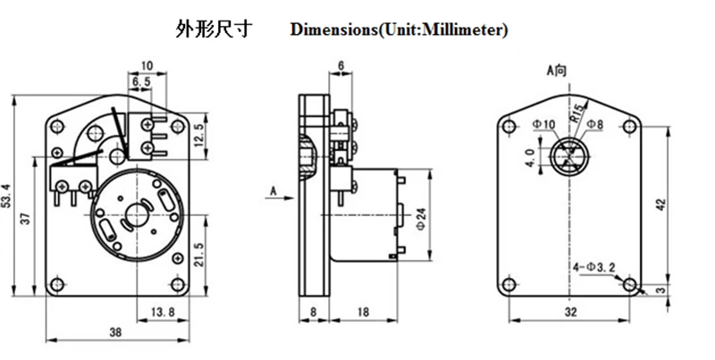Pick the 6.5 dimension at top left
coord(140,81)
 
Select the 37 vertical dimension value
coord(27,221)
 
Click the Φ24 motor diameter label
coord(421,217)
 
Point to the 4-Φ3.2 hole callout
coord(593,267)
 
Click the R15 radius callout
coord(577,112)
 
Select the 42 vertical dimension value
coord(661,204)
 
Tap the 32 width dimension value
coord(571,312)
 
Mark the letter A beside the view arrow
coord(271,189)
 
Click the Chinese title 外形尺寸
coord(214,29)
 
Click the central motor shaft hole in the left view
coord(139,215)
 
